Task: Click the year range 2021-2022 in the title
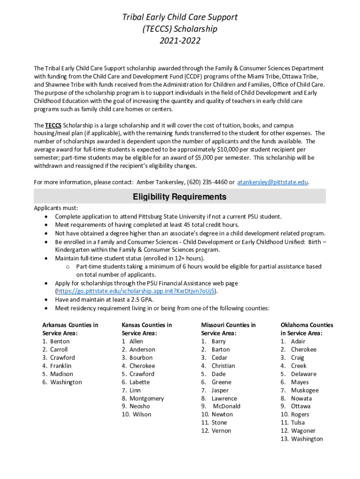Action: point(180,41)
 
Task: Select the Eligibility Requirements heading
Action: point(180,197)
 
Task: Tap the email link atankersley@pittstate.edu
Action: point(273,182)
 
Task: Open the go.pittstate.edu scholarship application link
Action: point(136,291)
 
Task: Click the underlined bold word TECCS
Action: point(53,125)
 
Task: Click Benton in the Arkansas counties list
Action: point(59,341)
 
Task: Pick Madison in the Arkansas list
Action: point(61,374)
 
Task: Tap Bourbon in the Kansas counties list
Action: point(141,358)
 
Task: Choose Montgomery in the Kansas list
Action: point(146,399)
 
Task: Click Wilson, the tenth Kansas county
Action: point(142,414)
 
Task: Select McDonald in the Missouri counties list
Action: point(226,406)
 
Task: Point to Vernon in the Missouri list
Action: point(221,431)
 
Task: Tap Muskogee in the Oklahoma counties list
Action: point(304,390)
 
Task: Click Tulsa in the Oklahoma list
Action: point(298,423)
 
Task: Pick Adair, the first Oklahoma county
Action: point(298,341)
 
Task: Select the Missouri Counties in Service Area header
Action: point(228,329)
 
